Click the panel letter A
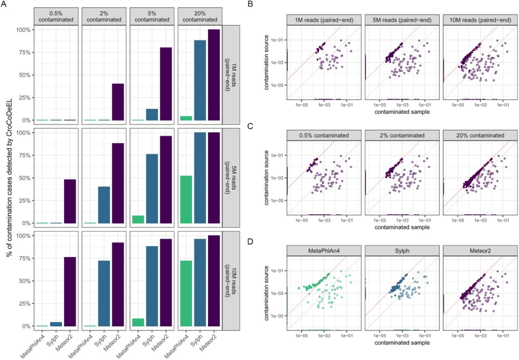click(x=4, y=4)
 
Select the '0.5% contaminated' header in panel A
click(x=57, y=16)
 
